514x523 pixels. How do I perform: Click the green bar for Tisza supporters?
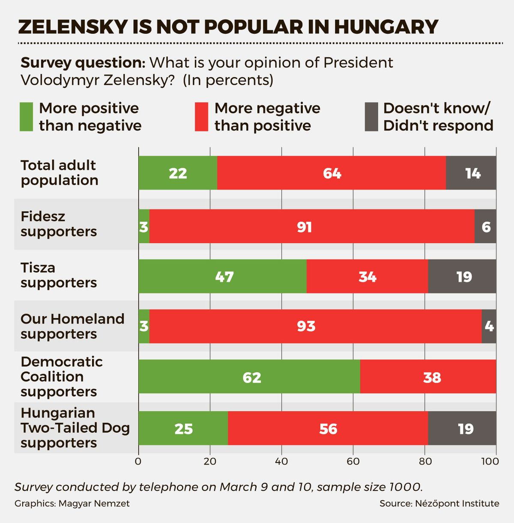tap(223, 276)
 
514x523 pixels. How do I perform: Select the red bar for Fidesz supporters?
tap(312, 226)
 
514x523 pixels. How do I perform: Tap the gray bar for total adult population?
tap(471, 173)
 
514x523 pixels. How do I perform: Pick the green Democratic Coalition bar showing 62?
tap(249, 377)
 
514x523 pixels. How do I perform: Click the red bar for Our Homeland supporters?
tap(315, 326)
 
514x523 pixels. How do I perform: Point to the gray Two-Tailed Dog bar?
tap(462, 428)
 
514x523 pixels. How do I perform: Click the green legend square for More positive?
tap(27, 116)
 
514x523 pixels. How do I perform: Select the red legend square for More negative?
tap(201, 116)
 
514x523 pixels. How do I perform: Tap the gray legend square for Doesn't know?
tap(371, 116)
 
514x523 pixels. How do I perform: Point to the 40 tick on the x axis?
tap(281, 461)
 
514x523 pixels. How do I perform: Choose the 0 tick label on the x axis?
tap(138, 461)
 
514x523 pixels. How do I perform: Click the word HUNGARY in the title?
tap(385, 27)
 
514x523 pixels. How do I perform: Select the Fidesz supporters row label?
tap(59, 224)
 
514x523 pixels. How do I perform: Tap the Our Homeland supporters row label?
tap(72, 326)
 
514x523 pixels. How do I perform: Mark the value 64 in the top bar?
tap(332, 173)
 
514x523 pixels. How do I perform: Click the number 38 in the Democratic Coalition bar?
tap(432, 377)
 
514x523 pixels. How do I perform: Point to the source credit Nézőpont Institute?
tap(439, 503)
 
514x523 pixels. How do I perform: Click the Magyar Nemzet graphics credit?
tap(72, 503)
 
